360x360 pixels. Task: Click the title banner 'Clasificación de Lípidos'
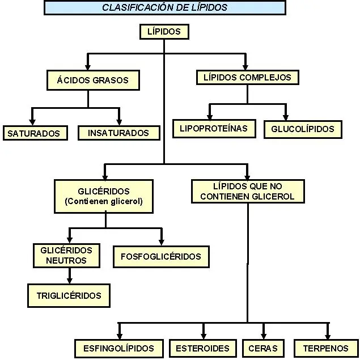(x=164, y=7)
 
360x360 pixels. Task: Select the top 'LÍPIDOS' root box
(x=164, y=32)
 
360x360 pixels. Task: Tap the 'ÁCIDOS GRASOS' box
(x=92, y=80)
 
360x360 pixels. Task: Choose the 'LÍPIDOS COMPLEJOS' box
(x=247, y=78)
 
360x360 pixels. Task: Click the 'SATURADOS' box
(x=34, y=133)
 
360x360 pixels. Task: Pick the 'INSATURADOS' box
(x=118, y=133)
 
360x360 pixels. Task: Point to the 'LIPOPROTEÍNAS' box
(x=214, y=129)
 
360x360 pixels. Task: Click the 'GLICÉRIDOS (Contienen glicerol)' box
(x=104, y=196)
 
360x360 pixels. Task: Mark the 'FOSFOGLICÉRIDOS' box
(x=161, y=256)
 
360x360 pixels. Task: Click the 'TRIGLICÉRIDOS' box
(x=69, y=295)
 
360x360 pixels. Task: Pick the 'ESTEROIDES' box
(x=202, y=348)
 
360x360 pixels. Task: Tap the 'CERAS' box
(x=262, y=348)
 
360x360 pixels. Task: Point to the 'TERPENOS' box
(x=325, y=348)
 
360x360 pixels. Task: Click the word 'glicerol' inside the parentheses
(x=125, y=201)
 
